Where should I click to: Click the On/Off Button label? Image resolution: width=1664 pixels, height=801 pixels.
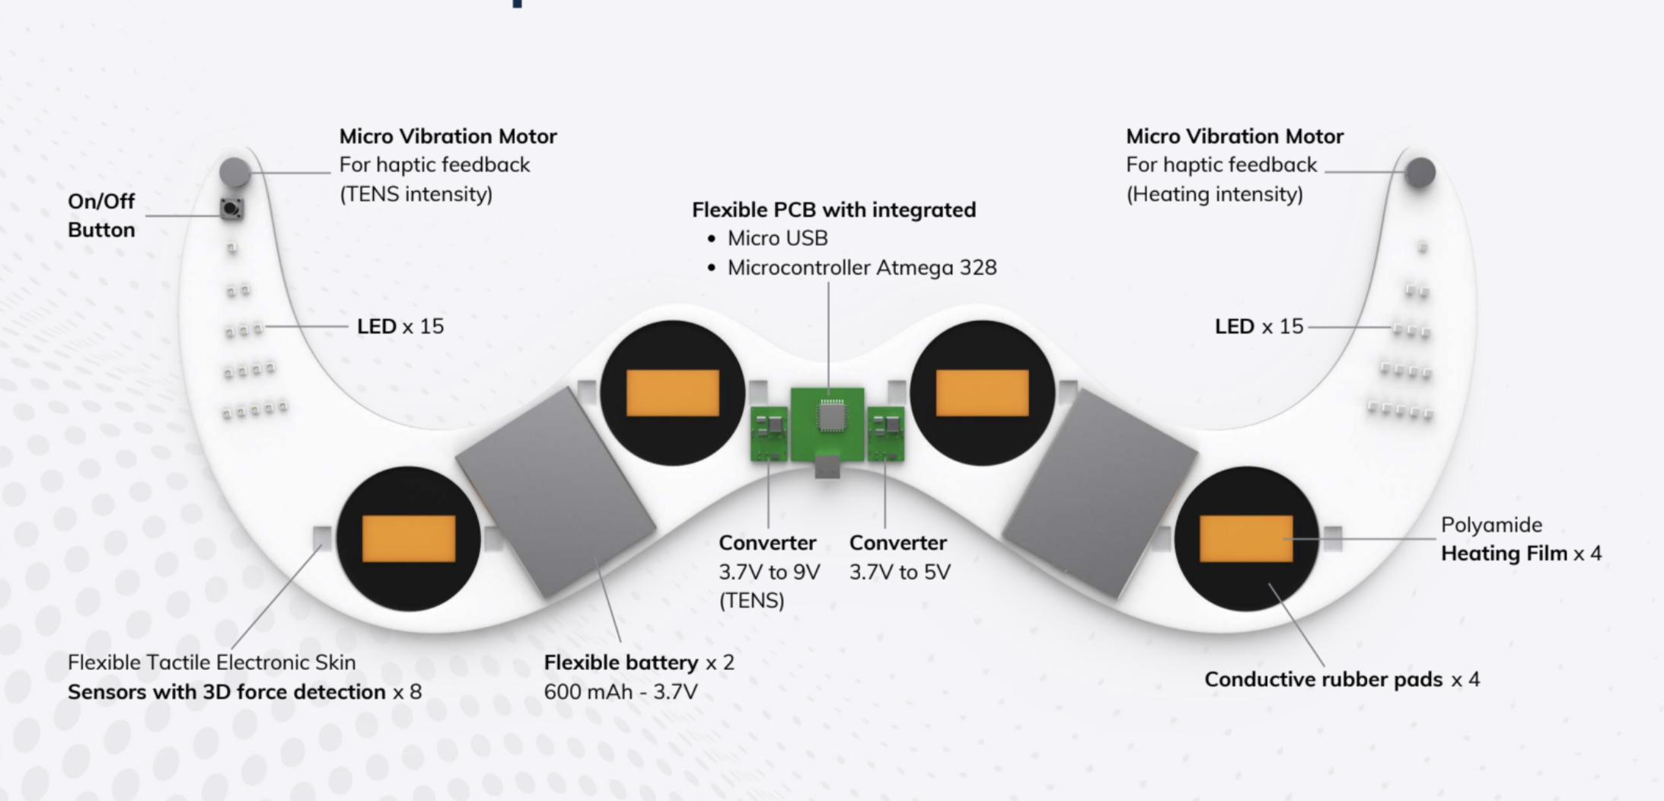[x=101, y=215]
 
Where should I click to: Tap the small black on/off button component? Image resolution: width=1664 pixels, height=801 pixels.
[x=231, y=208]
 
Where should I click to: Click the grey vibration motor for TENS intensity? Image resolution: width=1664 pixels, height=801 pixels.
[x=234, y=172]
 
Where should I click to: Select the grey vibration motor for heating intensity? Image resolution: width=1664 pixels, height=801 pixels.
[x=1420, y=173]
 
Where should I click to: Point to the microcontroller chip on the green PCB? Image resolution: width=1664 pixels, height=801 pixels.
[x=831, y=416]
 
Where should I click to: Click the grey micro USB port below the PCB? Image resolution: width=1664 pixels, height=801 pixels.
[x=827, y=467]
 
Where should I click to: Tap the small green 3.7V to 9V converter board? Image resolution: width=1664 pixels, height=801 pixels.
[x=769, y=433]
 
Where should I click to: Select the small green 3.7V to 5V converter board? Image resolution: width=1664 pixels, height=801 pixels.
[x=885, y=433]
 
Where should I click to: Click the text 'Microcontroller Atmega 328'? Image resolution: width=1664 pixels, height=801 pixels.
[x=862, y=268]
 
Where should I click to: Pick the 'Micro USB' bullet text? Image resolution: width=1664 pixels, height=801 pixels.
[x=777, y=238]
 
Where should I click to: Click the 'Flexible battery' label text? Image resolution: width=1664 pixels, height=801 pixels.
[x=620, y=662]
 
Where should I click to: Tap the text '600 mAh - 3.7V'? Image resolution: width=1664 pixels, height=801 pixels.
[x=620, y=692]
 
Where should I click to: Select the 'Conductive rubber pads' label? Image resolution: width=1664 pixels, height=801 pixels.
[x=1323, y=679]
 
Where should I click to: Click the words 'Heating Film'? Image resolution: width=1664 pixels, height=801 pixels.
[x=1503, y=554]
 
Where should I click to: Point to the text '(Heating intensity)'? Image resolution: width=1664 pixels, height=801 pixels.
[x=1214, y=194]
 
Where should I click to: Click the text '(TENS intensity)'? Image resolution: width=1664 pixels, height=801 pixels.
[x=416, y=194]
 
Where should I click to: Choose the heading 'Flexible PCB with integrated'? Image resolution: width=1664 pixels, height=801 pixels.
[x=834, y=209]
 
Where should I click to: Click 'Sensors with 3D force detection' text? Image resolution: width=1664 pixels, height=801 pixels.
[x=226, y=692]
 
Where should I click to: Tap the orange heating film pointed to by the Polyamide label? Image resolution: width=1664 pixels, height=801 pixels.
[x=1245, y=538]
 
